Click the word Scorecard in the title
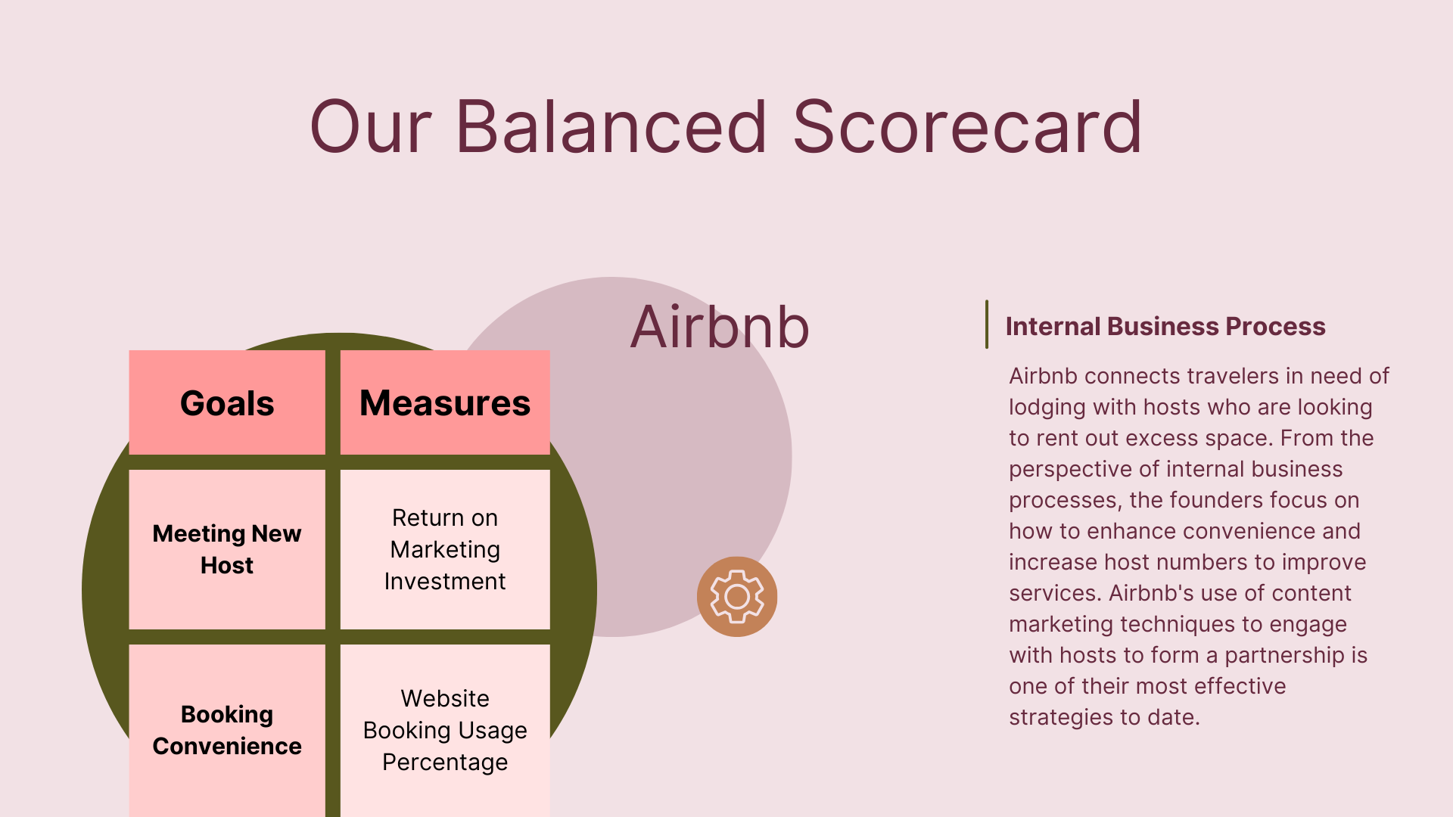coord(967,127)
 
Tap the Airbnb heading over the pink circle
coord(720,327)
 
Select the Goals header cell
coord(227,402)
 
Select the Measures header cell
coord(445,402)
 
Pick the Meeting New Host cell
coord(227,549)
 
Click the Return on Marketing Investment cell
coord(445,549)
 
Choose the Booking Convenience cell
coord(227,730)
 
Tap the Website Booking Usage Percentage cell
coord(445,730)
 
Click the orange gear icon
coord(737,597)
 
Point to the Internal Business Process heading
coord(1165,327)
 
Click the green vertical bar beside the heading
coord(987,325)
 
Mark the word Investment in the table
coord(445,582)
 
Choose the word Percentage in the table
coord(445,763)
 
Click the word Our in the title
coord(371,127)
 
